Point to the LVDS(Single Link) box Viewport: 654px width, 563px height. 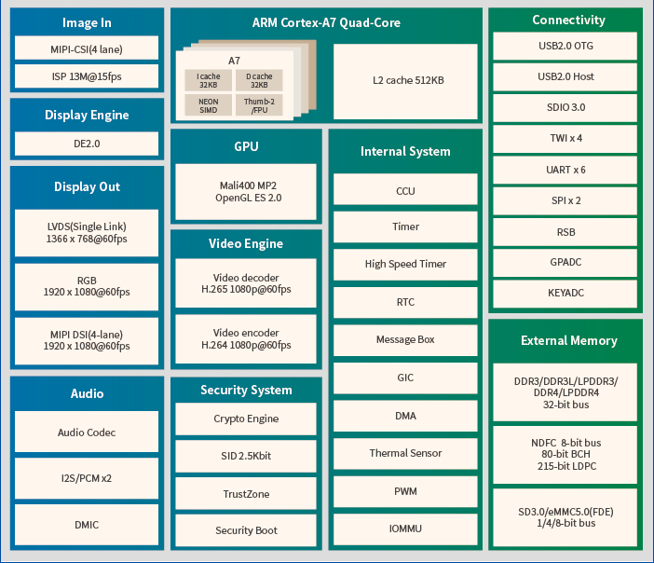pyautogui.click(x=86, y=232)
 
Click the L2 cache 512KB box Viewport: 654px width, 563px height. pyautogui.click(x=407, y=80)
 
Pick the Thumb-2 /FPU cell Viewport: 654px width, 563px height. pyautogui.click(x=258, y=105)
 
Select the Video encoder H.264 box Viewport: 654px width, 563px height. pyautogui.click(x=246, y=338)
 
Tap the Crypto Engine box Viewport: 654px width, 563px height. pyautogui.click(x=246, y=419)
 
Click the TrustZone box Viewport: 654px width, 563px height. pyautogui.click(x=246, y=493)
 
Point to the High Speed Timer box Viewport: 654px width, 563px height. pyautogui.click(x=405, y=264)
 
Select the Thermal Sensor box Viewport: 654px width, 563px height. pyautogui.click(x=405, y=453)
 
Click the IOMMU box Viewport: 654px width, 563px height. pyautogui.click(x=405, y=529)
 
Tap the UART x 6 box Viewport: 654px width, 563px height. pyautogui.click(x=565, y=170)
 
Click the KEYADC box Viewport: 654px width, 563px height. pyautogui.click(x=565, y=293)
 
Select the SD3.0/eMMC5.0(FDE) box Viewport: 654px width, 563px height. pyautogui.click(x=565, y=516)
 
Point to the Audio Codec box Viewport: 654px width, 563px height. pyautogui.click(x=86, y=433)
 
